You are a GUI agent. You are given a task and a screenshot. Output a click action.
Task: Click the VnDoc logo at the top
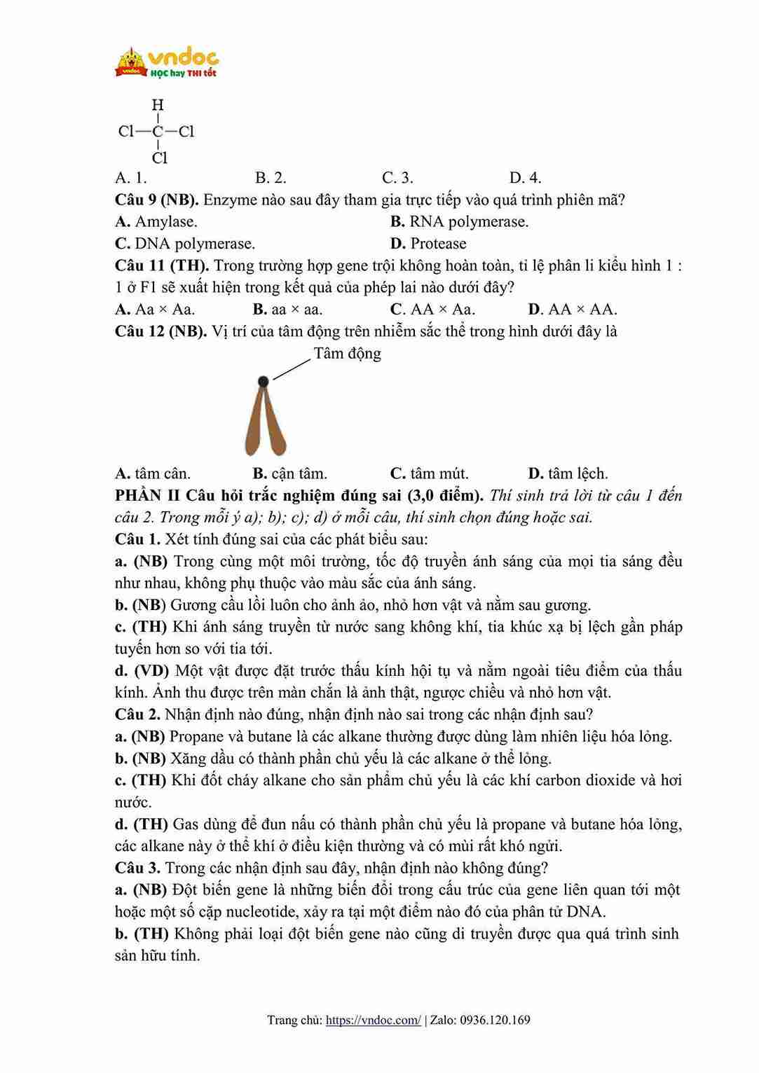[167, 62]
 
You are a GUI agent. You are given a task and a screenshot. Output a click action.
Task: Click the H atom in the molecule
[158, 105]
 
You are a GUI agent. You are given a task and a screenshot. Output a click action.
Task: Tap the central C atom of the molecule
[158, 132]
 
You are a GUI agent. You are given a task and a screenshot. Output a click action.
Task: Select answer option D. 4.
[525, 178]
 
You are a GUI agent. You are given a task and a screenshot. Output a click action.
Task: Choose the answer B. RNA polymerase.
[459, 222]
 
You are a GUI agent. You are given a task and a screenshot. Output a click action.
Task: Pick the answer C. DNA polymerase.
[185, 244]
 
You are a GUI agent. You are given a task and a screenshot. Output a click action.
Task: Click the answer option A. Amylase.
[156, 222]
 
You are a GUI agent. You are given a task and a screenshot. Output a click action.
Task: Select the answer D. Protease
[428, 244]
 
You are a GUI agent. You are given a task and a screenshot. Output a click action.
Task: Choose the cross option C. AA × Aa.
[432, 310]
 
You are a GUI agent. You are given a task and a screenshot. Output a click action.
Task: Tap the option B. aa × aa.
[287, 310]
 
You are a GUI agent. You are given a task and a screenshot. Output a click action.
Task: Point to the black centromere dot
[263, 382]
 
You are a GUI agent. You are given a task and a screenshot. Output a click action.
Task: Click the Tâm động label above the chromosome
[347, 354]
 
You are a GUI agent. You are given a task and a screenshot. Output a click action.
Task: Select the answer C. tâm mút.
[429, 473]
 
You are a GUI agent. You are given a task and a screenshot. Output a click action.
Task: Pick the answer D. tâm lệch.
[568, 473]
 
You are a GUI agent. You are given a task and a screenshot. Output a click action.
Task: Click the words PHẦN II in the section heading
[147, 496]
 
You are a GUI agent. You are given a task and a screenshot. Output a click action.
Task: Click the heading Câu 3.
[137, 868]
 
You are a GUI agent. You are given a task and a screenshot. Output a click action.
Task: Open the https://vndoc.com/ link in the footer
[374, 1020]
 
